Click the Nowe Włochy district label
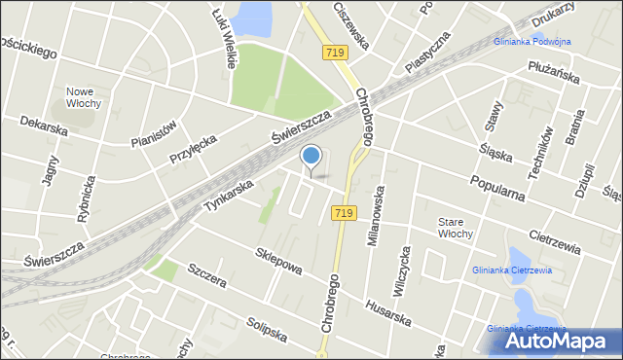tap(85, 97)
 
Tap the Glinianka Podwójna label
tap(532, 41)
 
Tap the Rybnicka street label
tap(88, 199)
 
